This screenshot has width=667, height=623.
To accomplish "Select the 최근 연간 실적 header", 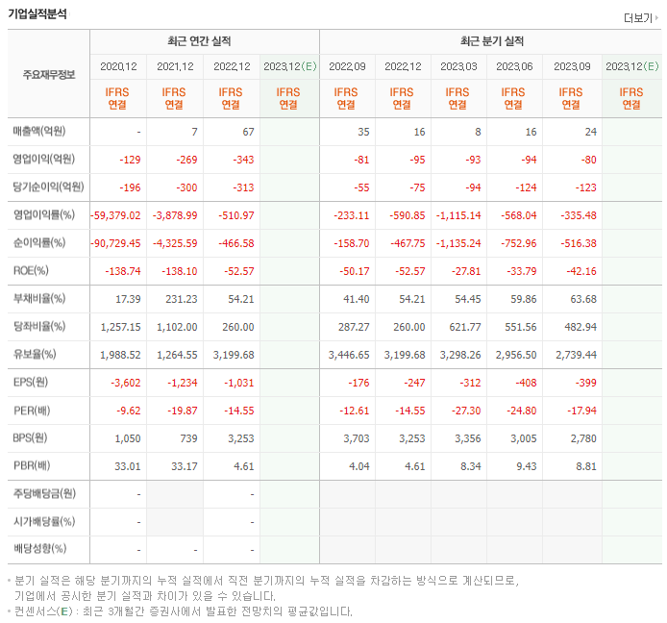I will click(x=204, y=41).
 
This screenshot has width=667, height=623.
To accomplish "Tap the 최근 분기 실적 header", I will click(x=490, y=41).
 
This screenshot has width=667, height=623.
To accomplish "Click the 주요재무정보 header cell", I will click(x=48, y=74).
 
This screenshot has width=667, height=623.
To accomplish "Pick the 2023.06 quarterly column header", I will click(x=514, y=66).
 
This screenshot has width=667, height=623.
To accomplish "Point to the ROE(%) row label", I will click(x=31, y=271).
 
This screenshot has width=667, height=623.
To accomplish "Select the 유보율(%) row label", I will click(x=35, y=355).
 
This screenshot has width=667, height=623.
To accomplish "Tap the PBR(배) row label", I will click(x=33, y=466).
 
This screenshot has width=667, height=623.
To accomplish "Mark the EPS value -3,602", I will click(x=126, y=383).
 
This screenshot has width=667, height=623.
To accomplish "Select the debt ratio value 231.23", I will click(x=181, y=299).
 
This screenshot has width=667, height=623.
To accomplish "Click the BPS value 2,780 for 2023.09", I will click(x=582, y=438).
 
